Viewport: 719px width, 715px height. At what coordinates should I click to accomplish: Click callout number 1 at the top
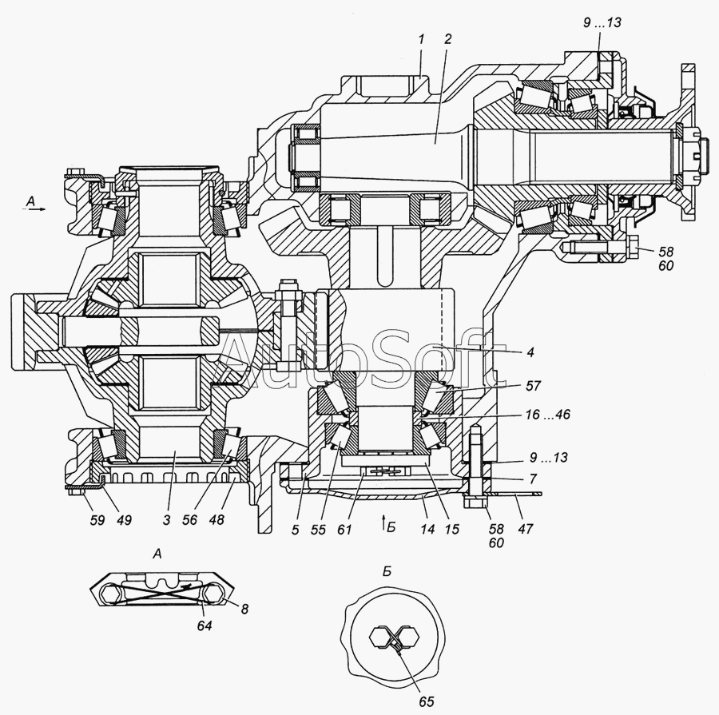[421, 39]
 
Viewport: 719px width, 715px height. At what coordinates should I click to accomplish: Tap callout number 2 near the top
[448, 39]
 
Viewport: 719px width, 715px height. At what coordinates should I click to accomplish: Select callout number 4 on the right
[530, 352]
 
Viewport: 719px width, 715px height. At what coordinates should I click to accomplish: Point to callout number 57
[534, 386]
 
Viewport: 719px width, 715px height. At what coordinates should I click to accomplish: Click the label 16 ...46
[548, 415]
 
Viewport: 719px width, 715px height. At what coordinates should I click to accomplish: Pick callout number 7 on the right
[532, 479]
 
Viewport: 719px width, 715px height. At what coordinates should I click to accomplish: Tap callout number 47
[526, 529]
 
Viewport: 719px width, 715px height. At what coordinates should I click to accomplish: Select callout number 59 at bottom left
[97, 520]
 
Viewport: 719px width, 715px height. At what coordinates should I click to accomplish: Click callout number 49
[124, 520]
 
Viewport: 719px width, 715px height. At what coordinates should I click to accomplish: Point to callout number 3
[166, 520]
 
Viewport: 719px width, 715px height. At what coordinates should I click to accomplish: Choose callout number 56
[189, 520]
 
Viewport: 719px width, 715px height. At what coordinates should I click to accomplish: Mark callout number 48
[216, 520]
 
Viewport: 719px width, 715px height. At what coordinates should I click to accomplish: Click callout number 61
[344, 529]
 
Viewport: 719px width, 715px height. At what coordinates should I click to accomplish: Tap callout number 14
[427, 529]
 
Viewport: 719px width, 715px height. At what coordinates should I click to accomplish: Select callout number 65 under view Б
[426, 701]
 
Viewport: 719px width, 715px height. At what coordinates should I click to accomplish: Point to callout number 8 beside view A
[244, 609]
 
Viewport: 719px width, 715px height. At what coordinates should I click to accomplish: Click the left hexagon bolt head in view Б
[379, 638]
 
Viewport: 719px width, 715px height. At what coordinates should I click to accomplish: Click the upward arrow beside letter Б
[383, 523]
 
